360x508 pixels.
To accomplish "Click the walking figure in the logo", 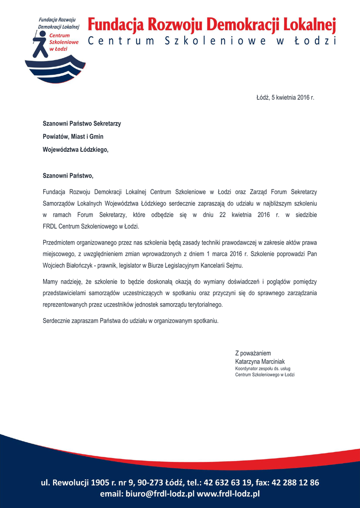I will (40, 44).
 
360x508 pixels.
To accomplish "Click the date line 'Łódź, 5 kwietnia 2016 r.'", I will (285, 98).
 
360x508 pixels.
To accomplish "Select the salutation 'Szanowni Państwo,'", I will (68, 176).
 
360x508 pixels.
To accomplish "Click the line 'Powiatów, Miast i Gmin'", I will (73, 136).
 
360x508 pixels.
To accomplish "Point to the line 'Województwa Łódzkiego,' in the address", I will (75, 149).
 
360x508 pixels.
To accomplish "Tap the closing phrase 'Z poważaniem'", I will (253, 354).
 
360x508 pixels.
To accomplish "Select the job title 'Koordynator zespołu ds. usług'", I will (263, 369).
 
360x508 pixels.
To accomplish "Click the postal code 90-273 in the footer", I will (149, 482).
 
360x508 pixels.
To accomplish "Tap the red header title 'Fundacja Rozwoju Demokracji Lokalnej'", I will (212, 24).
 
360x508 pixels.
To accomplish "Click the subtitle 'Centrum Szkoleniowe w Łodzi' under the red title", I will (212, 41).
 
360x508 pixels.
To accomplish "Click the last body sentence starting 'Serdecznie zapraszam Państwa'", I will (131, 321).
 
